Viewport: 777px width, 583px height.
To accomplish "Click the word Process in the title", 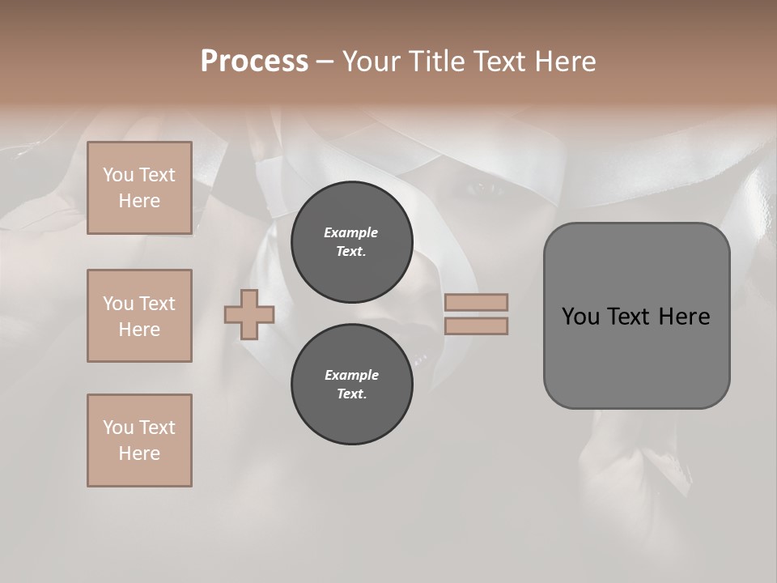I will (x=254, y=62).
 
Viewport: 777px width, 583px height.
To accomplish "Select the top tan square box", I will (x=139, y=188).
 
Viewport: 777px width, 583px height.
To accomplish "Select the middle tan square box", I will (x=139, y=316).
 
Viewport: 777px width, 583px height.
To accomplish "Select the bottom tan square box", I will (x=139, y=440).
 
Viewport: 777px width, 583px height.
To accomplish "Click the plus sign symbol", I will (x=249, y=315).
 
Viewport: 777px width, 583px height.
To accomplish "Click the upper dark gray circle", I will (x=352, y=241).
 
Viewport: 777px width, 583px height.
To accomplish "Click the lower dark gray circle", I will (x=352, y=385).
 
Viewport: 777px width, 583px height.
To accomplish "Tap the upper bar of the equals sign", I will (x=477, y=302).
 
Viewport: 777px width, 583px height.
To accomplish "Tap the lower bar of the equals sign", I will (x=477, y=326).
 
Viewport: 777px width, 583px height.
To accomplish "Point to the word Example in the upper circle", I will (x=351, y=232).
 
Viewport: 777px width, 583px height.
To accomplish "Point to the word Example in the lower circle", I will (x=351, y=375).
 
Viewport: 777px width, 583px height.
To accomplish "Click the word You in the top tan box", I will (x=117, y=175).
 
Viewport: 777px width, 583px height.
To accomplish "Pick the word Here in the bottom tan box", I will (x=139, y=453).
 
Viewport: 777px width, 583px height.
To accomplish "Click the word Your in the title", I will (x=371, y=62).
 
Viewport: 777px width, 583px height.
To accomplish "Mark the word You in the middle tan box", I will (x=117, y=304).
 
